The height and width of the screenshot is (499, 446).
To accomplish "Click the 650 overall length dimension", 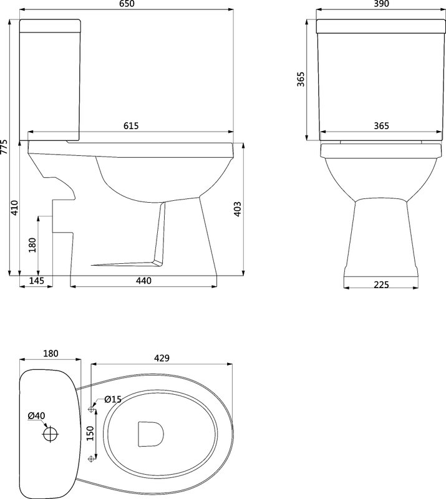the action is pos(127,4).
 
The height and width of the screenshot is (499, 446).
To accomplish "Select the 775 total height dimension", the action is pos(4,147).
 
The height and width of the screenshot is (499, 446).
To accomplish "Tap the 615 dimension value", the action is pos(131,126).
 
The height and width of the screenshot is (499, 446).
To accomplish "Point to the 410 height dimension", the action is pos(15,208).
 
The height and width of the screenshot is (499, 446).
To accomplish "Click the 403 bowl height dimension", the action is pos(238,209).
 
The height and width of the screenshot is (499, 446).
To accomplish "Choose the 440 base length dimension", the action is pos(143,281).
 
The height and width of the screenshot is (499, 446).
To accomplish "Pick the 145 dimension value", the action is pos(36,281).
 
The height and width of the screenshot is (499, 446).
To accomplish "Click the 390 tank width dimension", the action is pos(381,4).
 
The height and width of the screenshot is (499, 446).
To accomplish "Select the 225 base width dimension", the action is pos(381,284).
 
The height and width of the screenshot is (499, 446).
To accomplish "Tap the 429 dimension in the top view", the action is pos(162,358).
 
